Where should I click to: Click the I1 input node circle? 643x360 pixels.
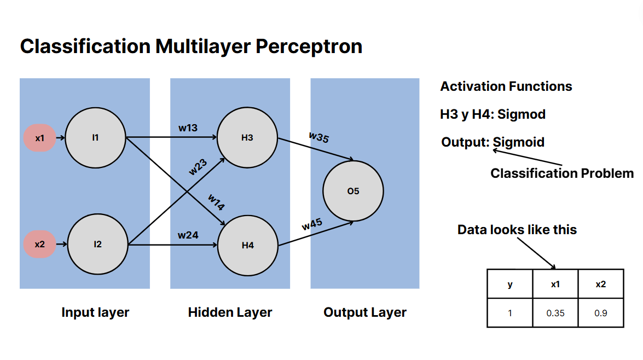tap(96, 138)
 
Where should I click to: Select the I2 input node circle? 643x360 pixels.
tap(97, 245)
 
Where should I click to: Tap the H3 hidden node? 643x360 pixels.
tap(247, 138)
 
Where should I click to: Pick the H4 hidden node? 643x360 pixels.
tap(248, 246)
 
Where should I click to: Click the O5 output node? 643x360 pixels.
tap(353, 191)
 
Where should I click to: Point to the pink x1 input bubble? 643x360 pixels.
tap(40, 138)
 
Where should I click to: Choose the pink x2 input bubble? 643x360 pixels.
tap(40, 245)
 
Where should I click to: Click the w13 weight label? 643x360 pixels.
tap(188, 128)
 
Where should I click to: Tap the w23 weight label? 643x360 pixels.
tap(198, 167)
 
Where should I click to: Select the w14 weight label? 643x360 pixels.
tap(216, 202)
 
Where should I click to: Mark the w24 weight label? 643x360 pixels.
tap(188, 235)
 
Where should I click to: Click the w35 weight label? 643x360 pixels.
tap(318, 137)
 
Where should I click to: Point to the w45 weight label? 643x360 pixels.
tap(312, 224)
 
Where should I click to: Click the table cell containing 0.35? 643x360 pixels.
tap(555, 313)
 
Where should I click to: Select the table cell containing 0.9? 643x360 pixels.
tap(601, 313)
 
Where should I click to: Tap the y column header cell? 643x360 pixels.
tap(509, 284)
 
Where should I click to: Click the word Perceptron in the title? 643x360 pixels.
tap(309, 47)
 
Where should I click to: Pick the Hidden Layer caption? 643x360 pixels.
tap(230, 312)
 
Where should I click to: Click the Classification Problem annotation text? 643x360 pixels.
tap(562, 173)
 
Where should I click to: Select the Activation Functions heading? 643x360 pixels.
tap(506, 86)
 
